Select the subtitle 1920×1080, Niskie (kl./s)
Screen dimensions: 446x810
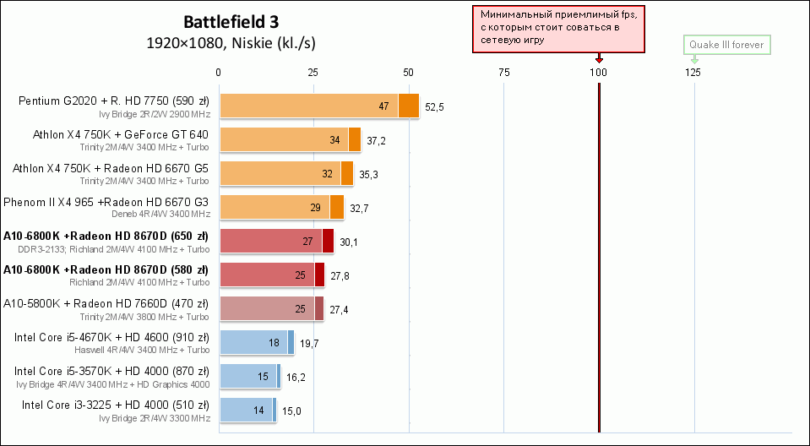click(231, 42)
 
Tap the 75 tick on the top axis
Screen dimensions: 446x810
click(503, 73)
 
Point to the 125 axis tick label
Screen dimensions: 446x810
click(693, 73)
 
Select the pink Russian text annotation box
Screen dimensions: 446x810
click(559, 28)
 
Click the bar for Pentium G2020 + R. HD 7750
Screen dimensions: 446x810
click(318, 106)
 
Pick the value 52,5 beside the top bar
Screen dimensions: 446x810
click(435, 106)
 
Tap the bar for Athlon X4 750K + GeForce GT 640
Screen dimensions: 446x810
click(290, 139)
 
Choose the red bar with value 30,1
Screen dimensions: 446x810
click(276, 241)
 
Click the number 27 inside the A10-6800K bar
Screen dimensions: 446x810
click(307, 242)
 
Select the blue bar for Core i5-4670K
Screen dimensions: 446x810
click(257, 342)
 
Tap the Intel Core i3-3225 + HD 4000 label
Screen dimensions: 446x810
click(111, 405)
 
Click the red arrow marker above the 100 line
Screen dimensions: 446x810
click(599, 59)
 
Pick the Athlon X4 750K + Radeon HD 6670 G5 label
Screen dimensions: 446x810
click(110, 168)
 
